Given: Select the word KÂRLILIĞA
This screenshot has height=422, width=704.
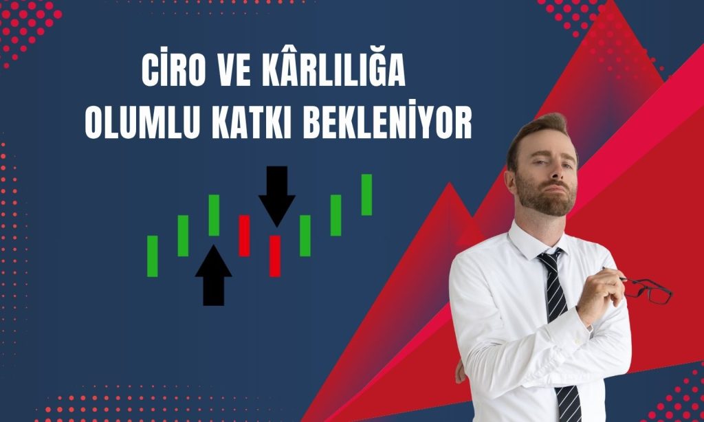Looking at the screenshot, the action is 333,69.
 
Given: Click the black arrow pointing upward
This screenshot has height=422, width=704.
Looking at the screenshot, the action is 214,275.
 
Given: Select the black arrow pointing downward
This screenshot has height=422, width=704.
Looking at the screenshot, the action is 277,196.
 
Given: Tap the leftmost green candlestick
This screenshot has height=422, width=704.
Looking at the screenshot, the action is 153,256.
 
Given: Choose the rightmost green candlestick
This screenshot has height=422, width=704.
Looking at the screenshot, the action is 367,195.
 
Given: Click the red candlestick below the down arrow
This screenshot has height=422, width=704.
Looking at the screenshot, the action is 275,256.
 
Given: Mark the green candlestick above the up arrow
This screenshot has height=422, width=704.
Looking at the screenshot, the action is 214,215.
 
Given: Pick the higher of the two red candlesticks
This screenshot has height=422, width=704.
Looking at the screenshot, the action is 244,236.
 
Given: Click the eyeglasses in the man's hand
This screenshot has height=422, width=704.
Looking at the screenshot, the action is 646,290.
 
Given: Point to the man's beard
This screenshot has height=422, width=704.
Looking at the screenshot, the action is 545,196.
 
